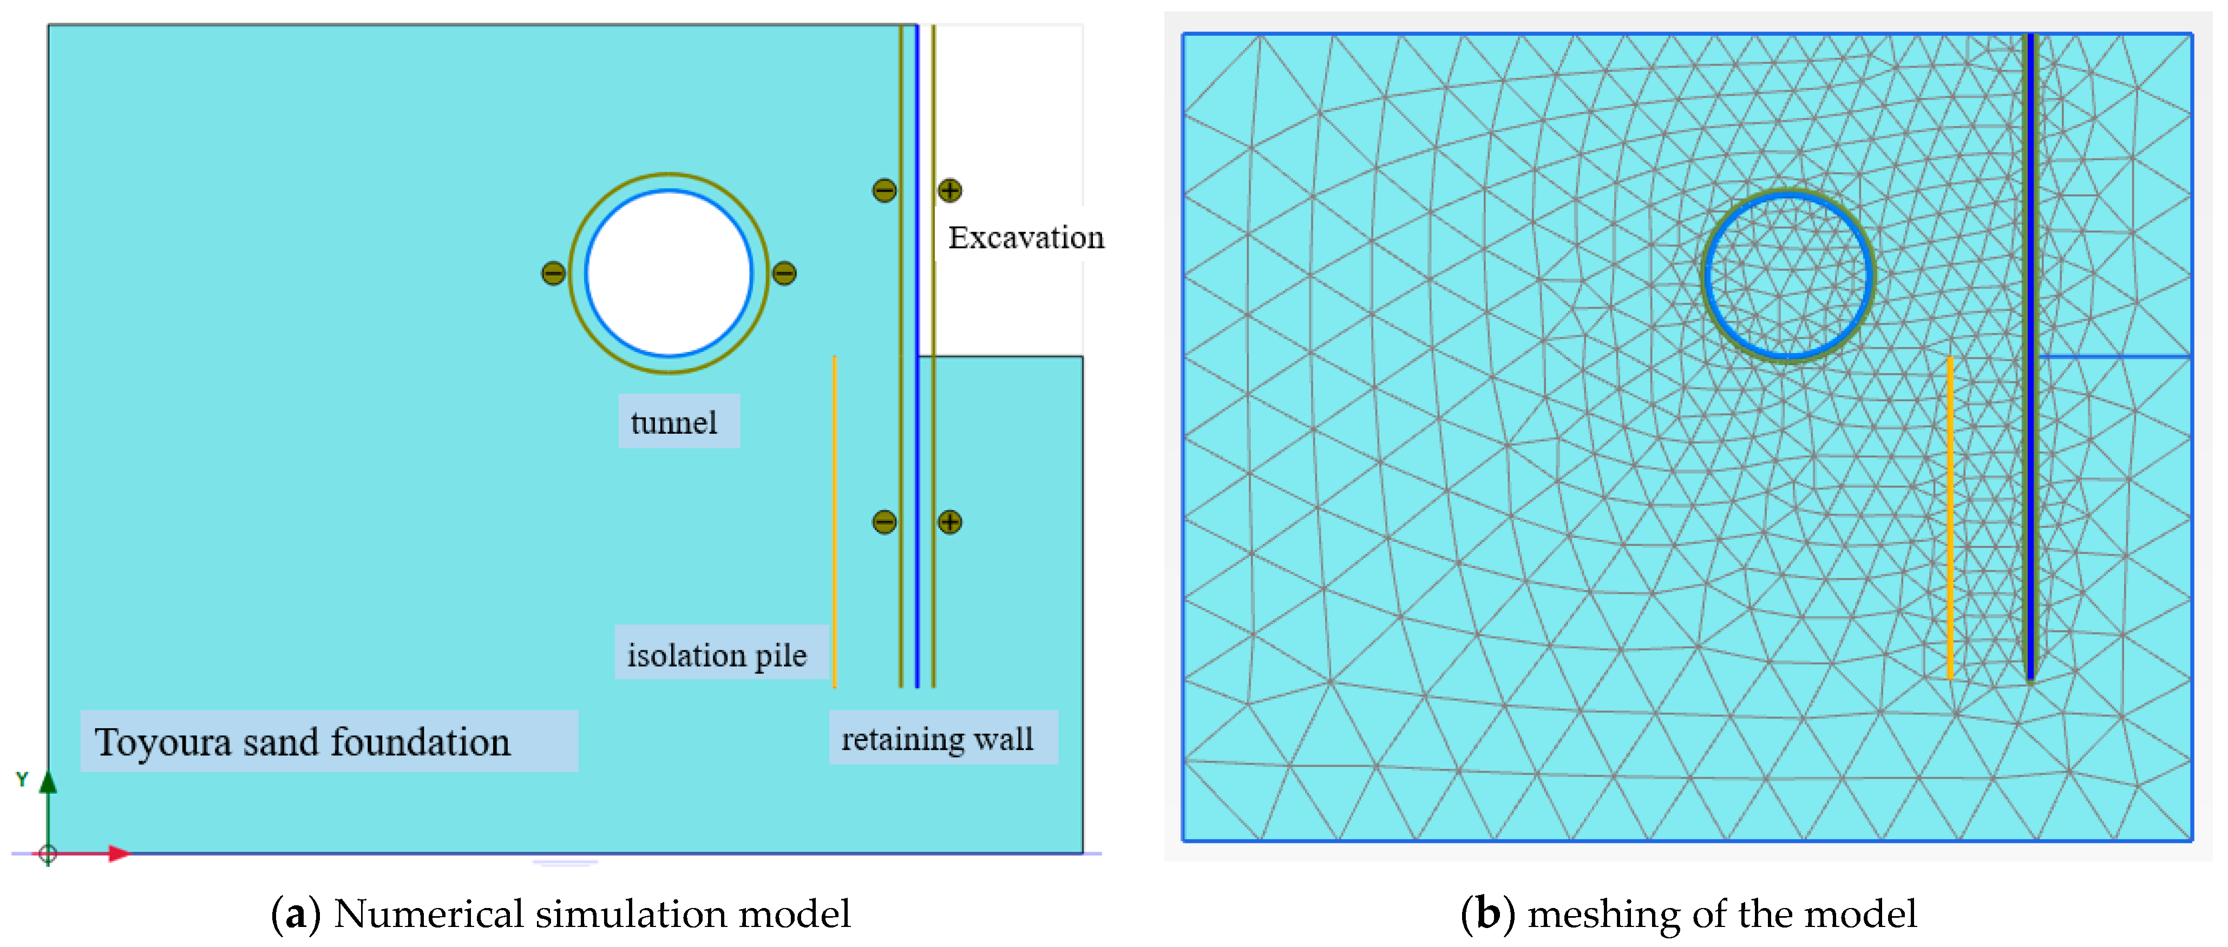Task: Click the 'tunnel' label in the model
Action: (x=674, y=422)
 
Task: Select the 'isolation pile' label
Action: (x=717, y=654)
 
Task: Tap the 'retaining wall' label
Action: (x=938, y=739)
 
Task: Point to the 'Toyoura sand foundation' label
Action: (x=303, y=742)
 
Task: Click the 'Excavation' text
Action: (x=1026, y=237)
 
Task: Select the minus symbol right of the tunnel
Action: (x=784, y=273)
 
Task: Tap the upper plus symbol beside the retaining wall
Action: (x=949, y=190)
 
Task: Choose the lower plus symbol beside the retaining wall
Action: (x=949, y=521)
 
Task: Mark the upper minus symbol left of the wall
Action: (x=884, y=190)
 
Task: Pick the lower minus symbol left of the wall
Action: (x=884, y=521)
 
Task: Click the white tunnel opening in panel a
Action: (x=669, y=273)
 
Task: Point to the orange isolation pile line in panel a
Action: (x=835, y=519)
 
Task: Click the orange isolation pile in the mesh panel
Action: (x=1950, y=519)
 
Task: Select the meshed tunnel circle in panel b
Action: (x=1788, y=275)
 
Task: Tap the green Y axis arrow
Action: (x=48, y=783)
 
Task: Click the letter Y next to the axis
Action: (x=22, y=779)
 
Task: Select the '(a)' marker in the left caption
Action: (x=295, y=914)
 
